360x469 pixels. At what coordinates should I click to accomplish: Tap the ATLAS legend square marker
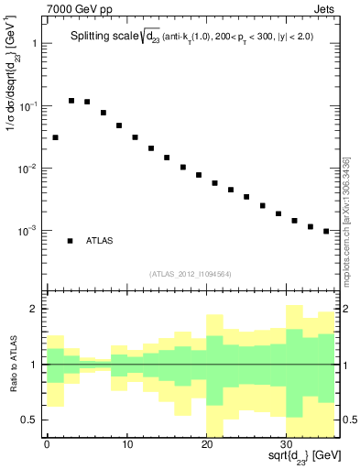point(71,240)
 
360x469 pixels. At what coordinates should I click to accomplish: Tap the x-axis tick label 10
point(126,445)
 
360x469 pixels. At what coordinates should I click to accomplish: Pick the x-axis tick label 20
point(206,445)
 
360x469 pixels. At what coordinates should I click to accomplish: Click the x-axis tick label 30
point(287,445)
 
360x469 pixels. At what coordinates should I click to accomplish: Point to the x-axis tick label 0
point(47,445)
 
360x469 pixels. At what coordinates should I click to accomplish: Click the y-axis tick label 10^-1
point(28,106)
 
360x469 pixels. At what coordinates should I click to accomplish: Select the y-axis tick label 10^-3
point(28,231)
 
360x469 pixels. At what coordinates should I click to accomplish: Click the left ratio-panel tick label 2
point(36,310)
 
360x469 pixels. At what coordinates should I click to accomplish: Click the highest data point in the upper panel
point(71,101)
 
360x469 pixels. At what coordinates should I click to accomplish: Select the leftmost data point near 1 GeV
point(55,137)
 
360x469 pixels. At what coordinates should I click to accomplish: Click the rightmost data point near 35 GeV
point(326,231)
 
